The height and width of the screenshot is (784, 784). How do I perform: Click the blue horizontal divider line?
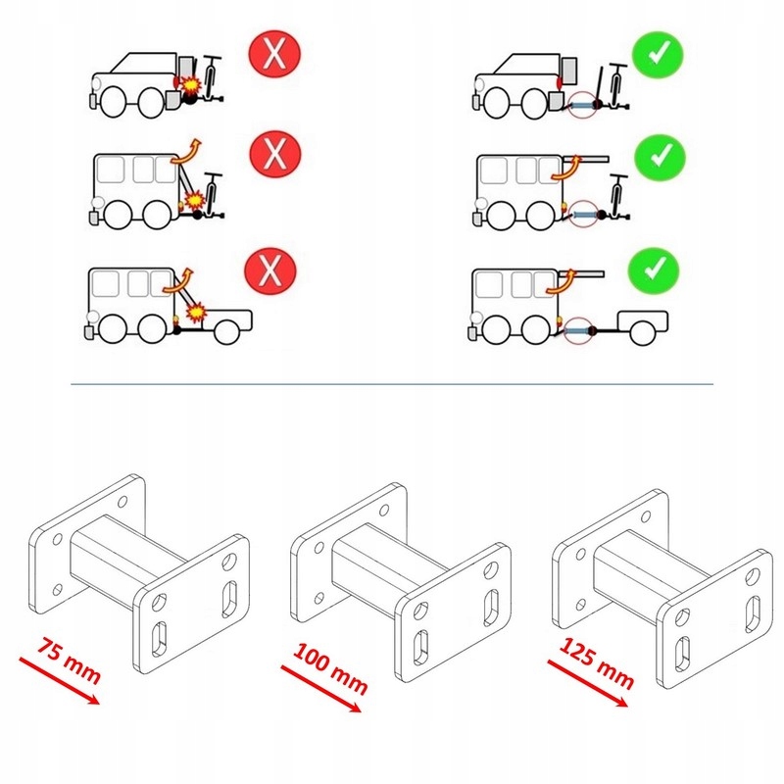[392, 385]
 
